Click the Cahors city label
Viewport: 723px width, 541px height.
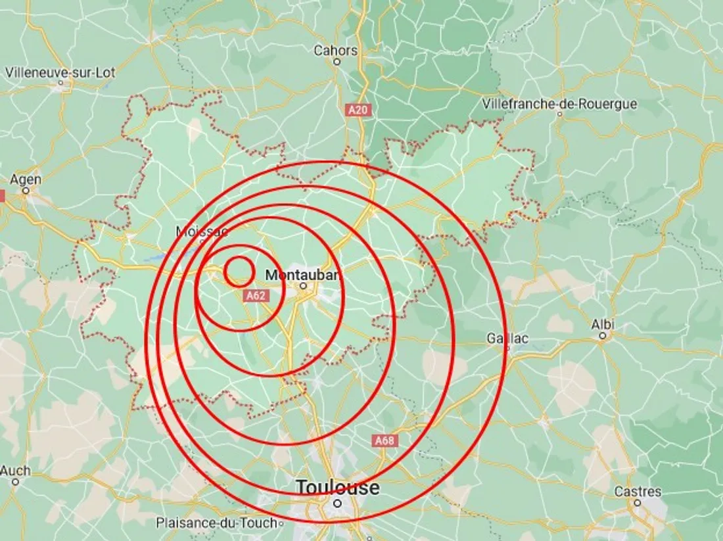tap(336, 50)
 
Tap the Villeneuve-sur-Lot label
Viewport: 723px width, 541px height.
tap(60, 72)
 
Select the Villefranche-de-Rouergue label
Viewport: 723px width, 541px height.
tap(559, 104)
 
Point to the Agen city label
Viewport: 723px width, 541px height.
tap(26, 179)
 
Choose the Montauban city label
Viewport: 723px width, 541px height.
tap(303, 275)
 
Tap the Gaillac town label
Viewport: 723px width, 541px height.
tap(507, 339)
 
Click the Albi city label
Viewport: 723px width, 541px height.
tap(603, 324)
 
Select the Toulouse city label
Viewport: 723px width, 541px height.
tap(337, 488)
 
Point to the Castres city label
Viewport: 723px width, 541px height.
tap(638, 492)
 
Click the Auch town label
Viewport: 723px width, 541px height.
tap(15, 471)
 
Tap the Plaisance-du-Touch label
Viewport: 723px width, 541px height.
tap(218, 523)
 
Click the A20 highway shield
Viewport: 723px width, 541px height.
tap(358, 110)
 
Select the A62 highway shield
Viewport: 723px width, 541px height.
tap(256, 296)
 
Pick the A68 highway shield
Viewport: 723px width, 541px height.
tap(384, 440)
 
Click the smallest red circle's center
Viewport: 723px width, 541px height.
tap(239, 271)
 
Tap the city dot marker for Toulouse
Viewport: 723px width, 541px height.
tap(337, 504)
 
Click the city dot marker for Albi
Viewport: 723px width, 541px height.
tap(603, 336)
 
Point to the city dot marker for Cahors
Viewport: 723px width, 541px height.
tap(337, 62)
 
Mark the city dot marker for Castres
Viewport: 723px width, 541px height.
tap(638, 503)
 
